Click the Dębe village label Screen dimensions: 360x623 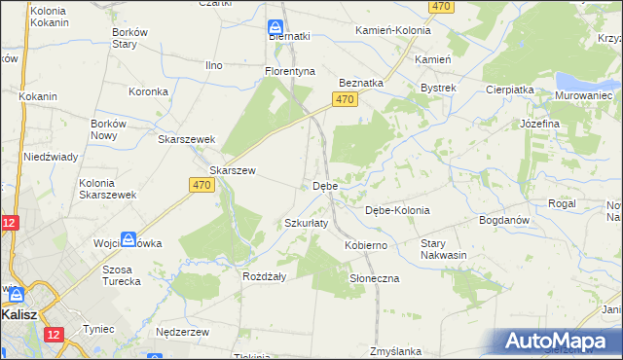pyautogui.click(x=325, y=186)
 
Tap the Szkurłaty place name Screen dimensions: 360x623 pyautogui.click(x=306, y=223)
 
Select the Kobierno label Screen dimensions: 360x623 pyautogui.click(x=366, y=246)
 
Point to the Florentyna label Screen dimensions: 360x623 pyautogui.click(x=291, y=71)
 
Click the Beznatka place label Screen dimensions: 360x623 pyautogui.click(x=360, y=84)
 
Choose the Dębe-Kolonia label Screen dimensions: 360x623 pyautogui.click(x=396, y=210)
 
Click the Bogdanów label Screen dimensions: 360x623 pyautogui.click(x=503, y=220)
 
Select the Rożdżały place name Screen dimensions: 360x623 pyautogui.click(x=263, y=276)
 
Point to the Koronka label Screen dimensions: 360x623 pyautogui.click(x=150, y=91)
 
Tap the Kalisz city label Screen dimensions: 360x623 pyautogui.click(x=19, y=315)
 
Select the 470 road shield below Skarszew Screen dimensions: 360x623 pyautogui.click(x=202, y=185)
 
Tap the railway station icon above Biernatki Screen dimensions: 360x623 pyautogui.click(x=275, y=26)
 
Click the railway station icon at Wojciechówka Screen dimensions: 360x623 pyautogui.click(x=128, y=239)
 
